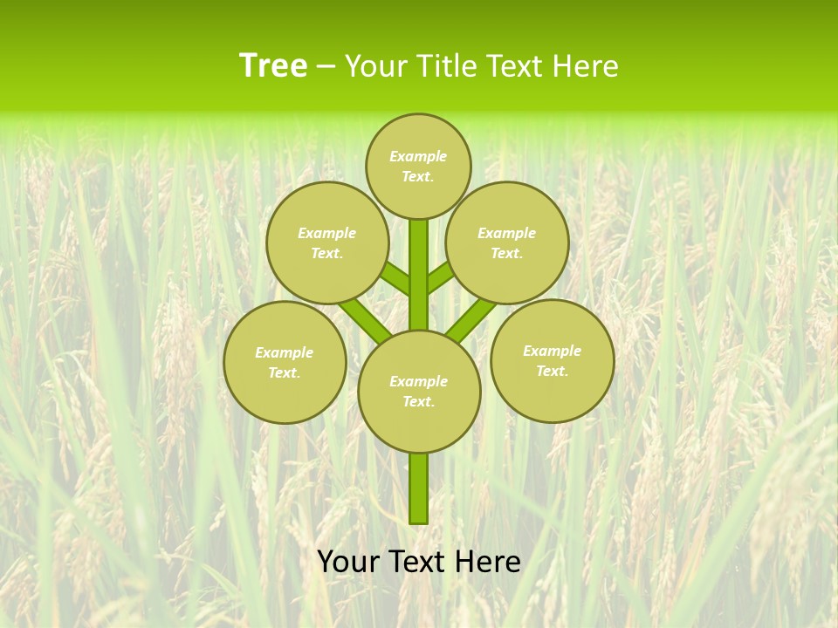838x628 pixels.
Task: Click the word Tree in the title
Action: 273,66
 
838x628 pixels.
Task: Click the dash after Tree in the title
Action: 326,67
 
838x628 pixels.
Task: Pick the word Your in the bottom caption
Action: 348,562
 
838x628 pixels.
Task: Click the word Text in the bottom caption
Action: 416,562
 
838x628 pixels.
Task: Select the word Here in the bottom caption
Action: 487,562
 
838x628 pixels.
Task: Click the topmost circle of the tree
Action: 418,166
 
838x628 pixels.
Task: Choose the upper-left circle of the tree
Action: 327,242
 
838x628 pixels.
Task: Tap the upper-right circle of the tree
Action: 507,242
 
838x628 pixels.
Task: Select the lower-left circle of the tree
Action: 285,362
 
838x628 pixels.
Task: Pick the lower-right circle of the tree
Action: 552,360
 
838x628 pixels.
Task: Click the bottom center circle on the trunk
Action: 419,391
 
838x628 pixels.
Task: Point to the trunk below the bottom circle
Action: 419,488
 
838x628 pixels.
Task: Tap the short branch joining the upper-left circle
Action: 396,279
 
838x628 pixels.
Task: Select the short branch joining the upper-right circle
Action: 440,277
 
